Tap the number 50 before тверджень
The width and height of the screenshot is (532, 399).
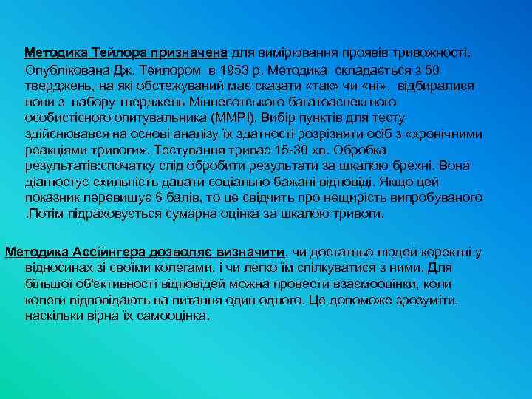[x=434, y=70]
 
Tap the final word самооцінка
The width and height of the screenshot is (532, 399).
[x=173, y=316]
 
